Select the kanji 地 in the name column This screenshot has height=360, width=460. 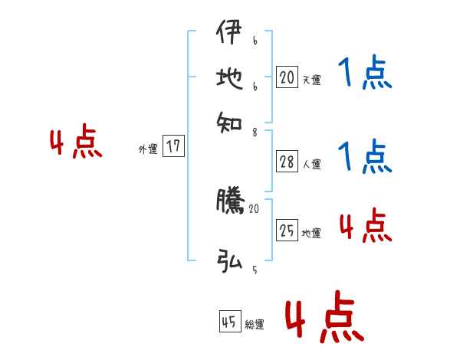pos(230,77)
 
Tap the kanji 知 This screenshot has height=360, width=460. pos(230,119)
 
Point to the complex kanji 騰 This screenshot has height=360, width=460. pos(230,201)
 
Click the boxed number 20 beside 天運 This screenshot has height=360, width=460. pos(287,77)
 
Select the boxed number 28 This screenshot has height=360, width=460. pos(287,162)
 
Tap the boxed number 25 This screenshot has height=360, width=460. pos(287,231)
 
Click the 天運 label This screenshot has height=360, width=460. pos(311,79)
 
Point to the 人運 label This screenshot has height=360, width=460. pos(311,164)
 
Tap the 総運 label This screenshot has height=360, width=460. pos(255,324)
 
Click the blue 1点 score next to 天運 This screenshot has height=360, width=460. pos(365,74)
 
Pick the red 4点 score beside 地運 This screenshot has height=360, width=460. pos(365,226)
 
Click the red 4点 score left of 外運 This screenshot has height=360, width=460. pos(76,143)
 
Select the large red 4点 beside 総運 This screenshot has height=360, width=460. pos(324,316)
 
